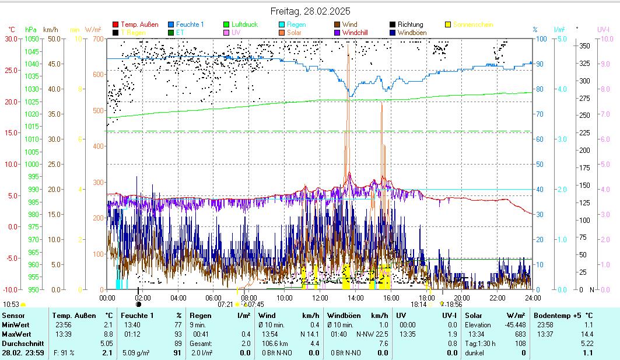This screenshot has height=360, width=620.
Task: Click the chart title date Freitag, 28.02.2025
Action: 310,11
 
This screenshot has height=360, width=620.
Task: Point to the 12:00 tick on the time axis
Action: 320,298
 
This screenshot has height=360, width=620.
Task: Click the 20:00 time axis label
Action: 461,298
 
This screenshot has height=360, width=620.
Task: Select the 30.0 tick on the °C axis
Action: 10,39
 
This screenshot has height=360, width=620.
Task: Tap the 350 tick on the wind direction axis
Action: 584,46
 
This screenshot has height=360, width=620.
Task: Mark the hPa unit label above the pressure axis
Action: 30,29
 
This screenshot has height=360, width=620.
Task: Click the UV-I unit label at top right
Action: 603,29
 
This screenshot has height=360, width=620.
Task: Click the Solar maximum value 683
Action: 521,334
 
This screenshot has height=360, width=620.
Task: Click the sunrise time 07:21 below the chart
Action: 225,304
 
